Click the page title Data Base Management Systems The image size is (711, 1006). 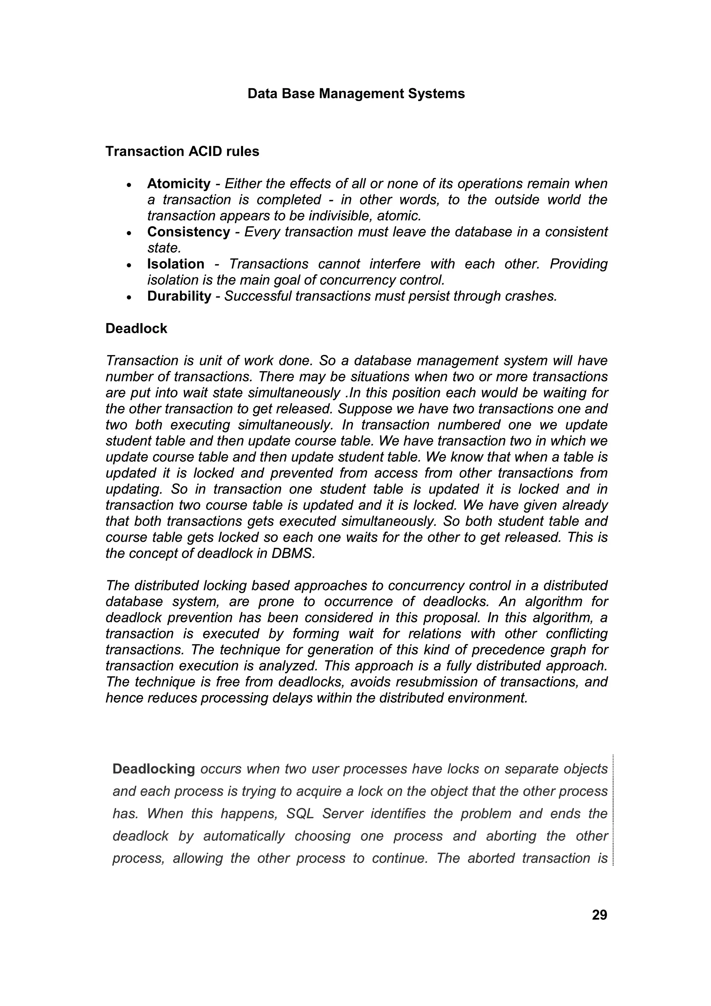(x=355, y=94)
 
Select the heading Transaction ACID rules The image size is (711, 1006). (x=182, y=151)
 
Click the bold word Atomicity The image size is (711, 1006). (x=179, y=183)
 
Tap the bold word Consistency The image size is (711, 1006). (x=188, y=232)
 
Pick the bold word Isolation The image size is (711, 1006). (x=176, y=264)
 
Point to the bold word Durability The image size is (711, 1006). (x=179, y=296)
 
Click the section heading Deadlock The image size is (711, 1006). (x=136, y=329)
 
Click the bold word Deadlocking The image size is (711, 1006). (x=153, y=769)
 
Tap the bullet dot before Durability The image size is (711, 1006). (x=129, y=297)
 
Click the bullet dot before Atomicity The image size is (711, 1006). (x=129, y=184)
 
